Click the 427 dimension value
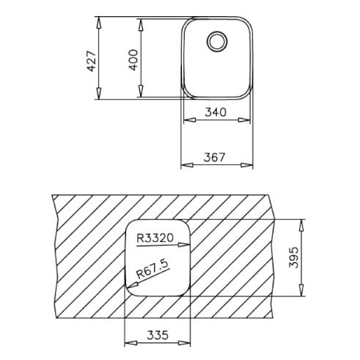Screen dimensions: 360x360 92,61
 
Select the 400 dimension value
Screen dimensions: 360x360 133,60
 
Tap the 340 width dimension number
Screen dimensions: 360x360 216,112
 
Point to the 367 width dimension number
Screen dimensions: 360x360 214,157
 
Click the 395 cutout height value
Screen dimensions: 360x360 294,257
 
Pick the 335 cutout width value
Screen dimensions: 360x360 158,335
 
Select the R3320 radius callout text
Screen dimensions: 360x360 155,238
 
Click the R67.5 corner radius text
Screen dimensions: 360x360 153,269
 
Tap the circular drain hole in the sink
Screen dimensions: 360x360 217,42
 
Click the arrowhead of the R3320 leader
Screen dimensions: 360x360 184,244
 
